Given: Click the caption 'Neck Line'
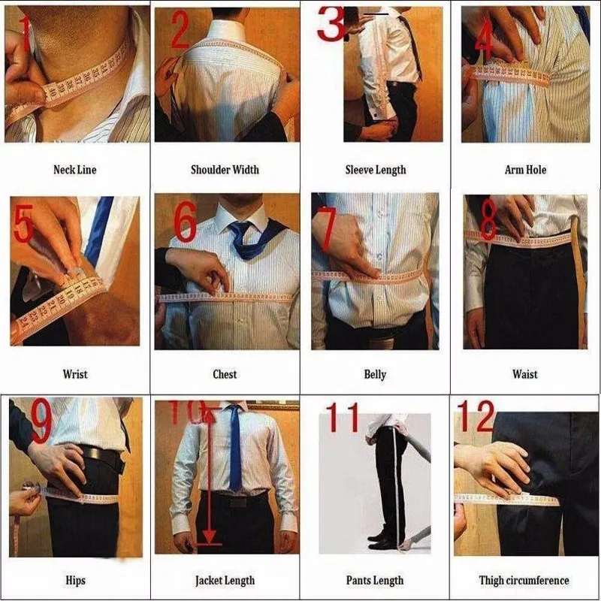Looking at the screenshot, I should [x=74, y=170].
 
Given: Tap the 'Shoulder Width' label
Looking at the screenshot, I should [x=225, y=170].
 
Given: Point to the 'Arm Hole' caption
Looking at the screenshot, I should [x=525, y=170].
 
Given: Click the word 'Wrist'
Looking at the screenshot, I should [x=74, y=373].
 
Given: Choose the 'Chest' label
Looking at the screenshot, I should [x=225, y=373].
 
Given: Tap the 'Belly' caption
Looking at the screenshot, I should [x=375, y=373].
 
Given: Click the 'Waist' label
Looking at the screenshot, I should [x=525, y=373].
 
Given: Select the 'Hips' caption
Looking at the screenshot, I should [x=75, y=580].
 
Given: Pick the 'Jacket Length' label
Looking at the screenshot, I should [x=225, y=580].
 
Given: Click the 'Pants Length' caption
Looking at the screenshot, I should [x=375, y=580].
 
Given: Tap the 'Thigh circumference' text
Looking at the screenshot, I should [x=524, y=580].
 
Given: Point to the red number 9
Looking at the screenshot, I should [x=41, y=422].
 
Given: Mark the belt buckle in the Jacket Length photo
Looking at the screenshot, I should [x=238, y=501].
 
